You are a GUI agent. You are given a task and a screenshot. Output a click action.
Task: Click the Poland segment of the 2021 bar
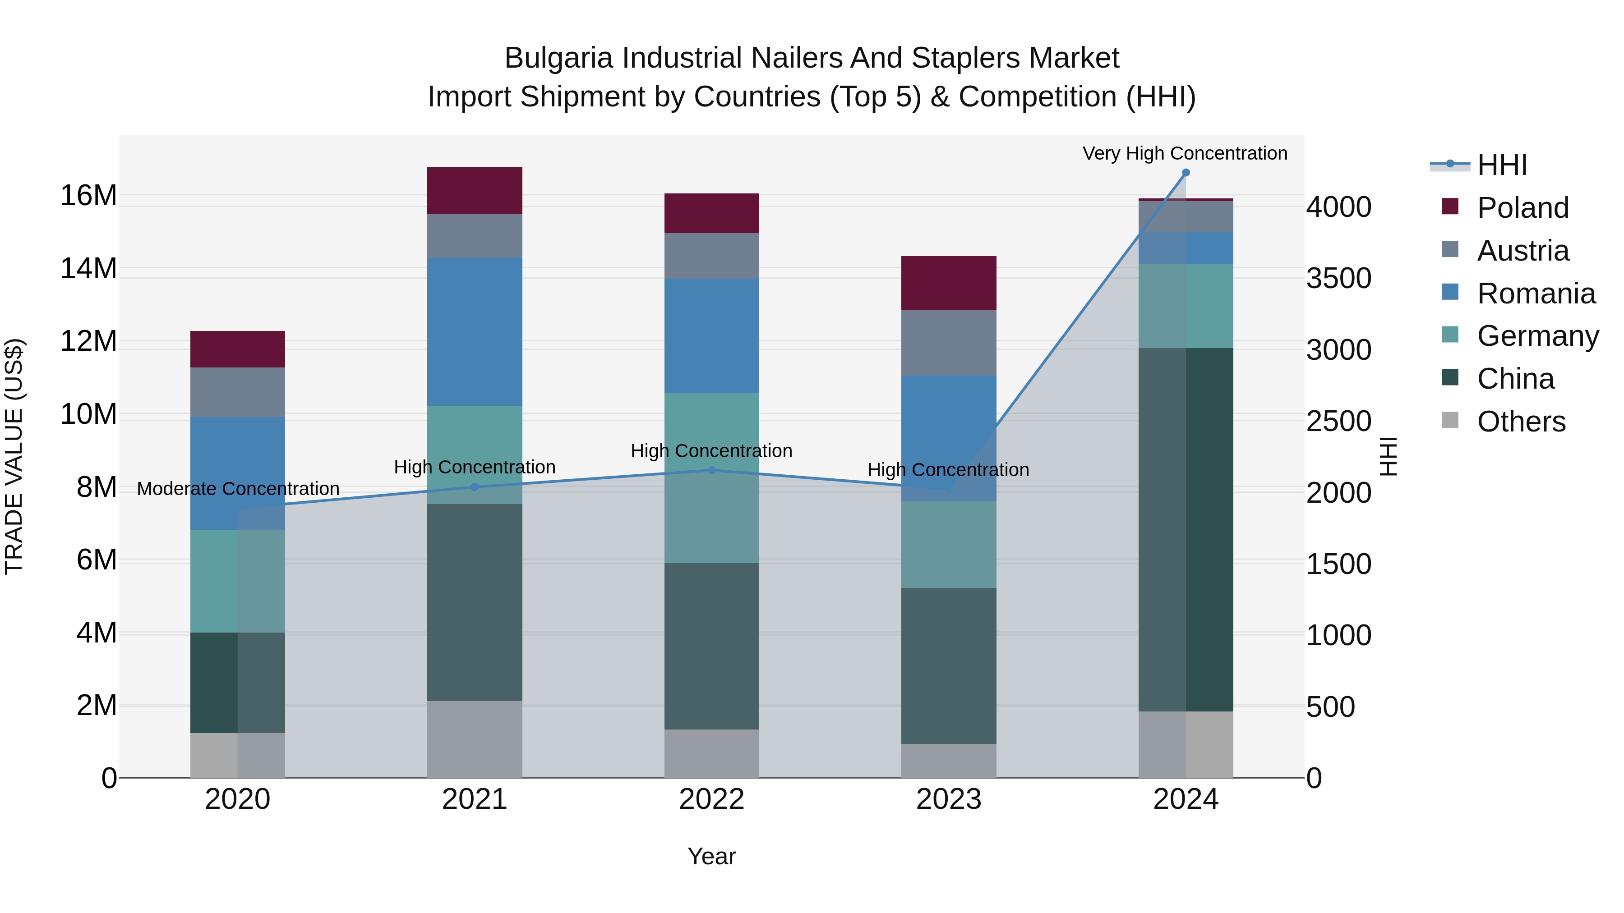click(x=474, y=190)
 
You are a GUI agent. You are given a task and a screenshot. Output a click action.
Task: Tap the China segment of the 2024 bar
click(x=1185, y=529)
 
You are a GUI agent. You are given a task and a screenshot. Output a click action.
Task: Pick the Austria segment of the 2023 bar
click(x=948, y=342)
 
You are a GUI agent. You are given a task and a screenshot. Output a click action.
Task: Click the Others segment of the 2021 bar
click(x=474, y=739)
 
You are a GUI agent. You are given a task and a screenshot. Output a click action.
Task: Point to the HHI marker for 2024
click(x=1185, y=173)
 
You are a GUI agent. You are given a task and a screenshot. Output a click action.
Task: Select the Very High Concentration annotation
click(x=1185, y=153)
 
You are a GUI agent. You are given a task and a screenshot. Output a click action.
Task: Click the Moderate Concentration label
click(x=238, y=488)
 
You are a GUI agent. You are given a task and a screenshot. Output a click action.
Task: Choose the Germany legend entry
click(x=1538, y=336)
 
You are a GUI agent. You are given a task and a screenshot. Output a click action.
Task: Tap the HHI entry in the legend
click(x=1502, y=165)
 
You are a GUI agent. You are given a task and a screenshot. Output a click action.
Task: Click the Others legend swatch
click(x=1450, y=420)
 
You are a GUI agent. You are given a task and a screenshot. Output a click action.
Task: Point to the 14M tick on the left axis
click(x=88, y=268)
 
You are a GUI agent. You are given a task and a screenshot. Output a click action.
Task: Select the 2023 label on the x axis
click(x=948, y=799)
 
